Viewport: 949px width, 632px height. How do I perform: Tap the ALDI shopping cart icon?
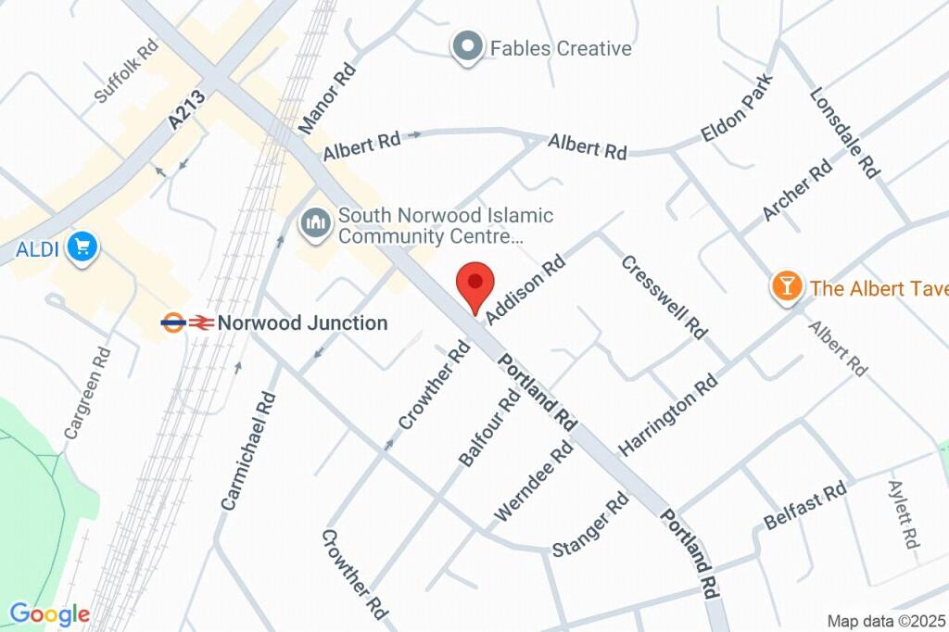83,247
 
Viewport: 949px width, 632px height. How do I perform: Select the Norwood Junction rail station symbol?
187,322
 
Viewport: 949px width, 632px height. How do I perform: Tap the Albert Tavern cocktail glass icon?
787,287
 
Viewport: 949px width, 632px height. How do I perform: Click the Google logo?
49,613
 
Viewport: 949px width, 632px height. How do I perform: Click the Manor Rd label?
327,97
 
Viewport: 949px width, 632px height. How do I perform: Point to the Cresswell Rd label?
664,296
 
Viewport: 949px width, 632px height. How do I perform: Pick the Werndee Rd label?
534,479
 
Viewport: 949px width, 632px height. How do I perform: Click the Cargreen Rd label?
88,392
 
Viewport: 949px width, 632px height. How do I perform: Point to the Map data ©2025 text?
887,621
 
